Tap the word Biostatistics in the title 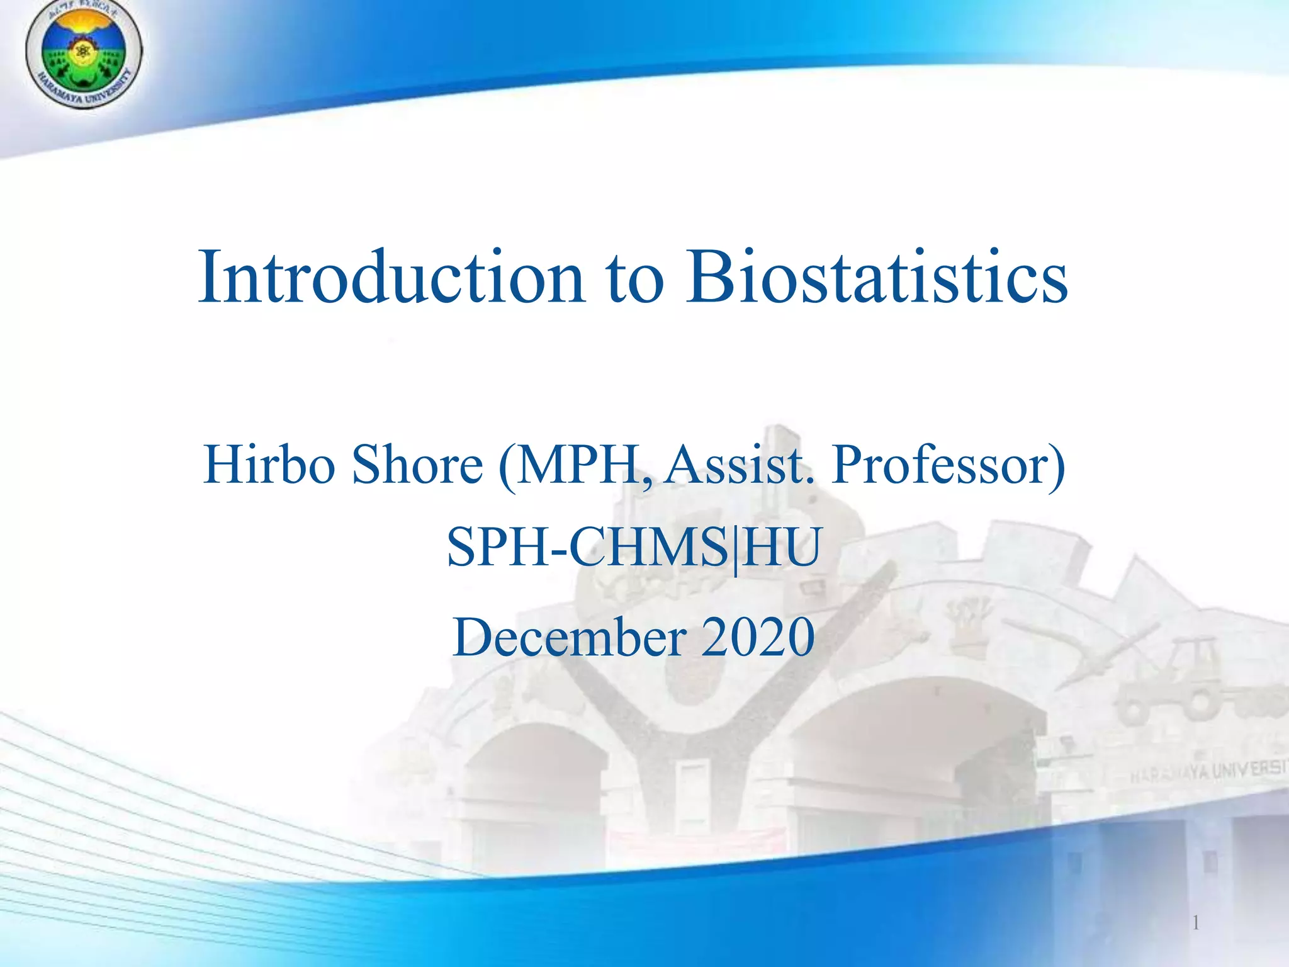876,278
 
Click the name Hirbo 269,465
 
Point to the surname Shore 417,465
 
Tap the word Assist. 740,465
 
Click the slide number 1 1195,924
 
